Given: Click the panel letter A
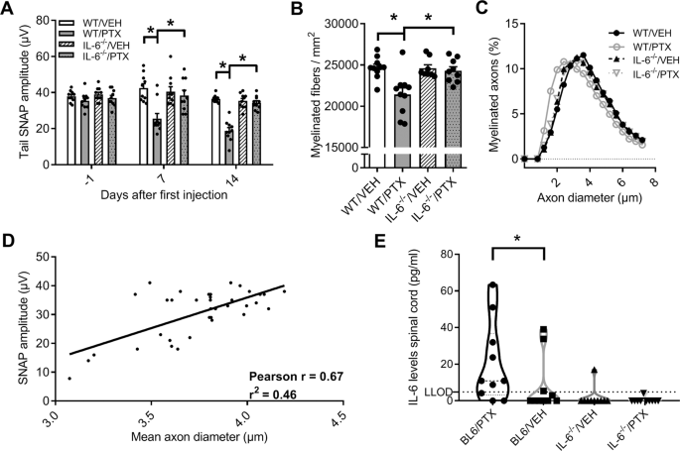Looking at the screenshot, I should (x=8, y=9).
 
